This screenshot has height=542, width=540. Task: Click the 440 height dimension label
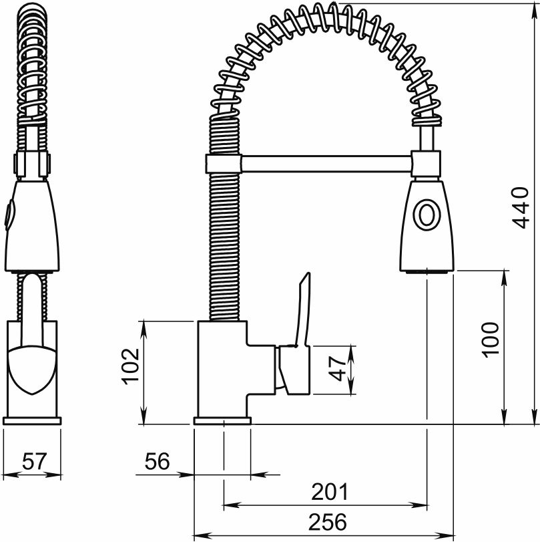tap(521, 208)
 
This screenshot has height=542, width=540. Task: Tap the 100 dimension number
tap(491, 340)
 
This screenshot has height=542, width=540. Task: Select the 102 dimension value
tap(130, 366)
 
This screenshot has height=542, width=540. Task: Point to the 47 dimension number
tap(337, 370)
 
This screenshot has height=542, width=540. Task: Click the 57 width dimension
tap(34, 461)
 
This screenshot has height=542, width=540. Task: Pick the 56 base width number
tap(157, 461)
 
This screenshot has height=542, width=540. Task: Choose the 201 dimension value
tap(330, 491)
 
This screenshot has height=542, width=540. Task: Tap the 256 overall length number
tap(327, 521)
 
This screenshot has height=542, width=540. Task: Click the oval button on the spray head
tap(427, 215)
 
